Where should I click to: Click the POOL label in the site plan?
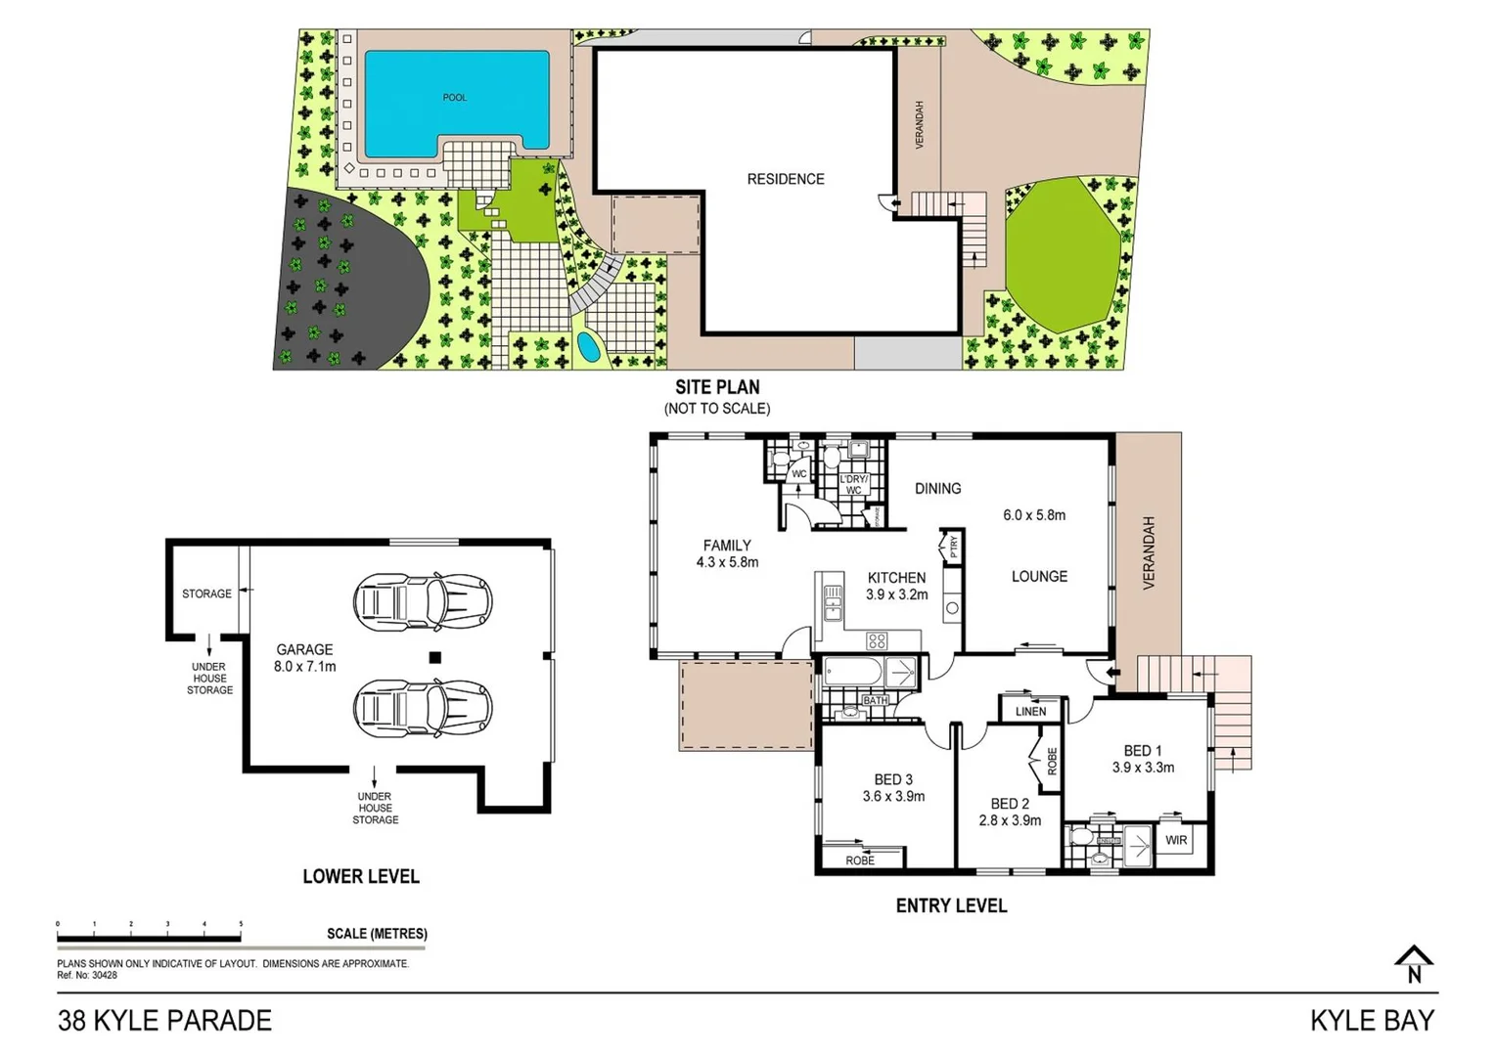[454, 98]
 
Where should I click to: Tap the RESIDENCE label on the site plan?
[785, 179]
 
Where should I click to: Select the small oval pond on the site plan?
[588, 347]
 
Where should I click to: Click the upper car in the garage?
[423, 600]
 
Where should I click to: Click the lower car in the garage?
[423, 707]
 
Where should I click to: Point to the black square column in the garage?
[435, 658]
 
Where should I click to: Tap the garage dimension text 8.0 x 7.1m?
[304, 667]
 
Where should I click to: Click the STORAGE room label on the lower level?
[206, 594]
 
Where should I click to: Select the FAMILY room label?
[727, 546]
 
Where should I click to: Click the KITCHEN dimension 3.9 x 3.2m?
[896, 594]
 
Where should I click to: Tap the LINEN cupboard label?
[1030, 711]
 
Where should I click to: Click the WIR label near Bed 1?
[1176, 840]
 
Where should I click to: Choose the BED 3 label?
[893, 779]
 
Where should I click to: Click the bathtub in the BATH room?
[854, 672]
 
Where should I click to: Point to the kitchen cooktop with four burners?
[877, 641]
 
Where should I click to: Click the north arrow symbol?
[1414, 963]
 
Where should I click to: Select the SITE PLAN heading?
[717, 387]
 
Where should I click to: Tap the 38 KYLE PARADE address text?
[164, 1021]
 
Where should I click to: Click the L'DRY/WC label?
[853, 484]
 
